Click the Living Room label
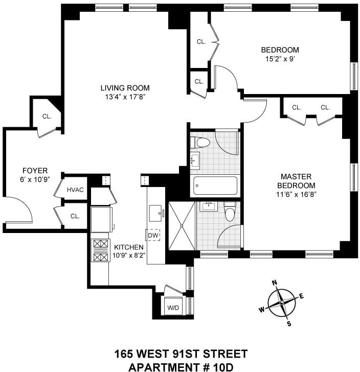click(125, 88)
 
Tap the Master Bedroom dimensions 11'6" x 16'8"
click(296, 195)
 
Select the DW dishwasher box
click(153, 235)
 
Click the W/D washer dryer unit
click(173, 306)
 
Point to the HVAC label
click(75, 190)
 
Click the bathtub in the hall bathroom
click(215, 185)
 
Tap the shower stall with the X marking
click(182, 226)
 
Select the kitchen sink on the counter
click(156, 213)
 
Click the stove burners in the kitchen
click(100, 250)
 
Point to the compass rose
click(282, 303)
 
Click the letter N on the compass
click(275, 283)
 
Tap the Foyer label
click(35, 171)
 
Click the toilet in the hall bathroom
click(200, 143)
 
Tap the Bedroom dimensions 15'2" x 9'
click(280, 59)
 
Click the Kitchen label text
click(129, 247)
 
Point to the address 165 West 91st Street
click(181, 354)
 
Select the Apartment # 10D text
click(181, 367)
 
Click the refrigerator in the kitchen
click(101, 219)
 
